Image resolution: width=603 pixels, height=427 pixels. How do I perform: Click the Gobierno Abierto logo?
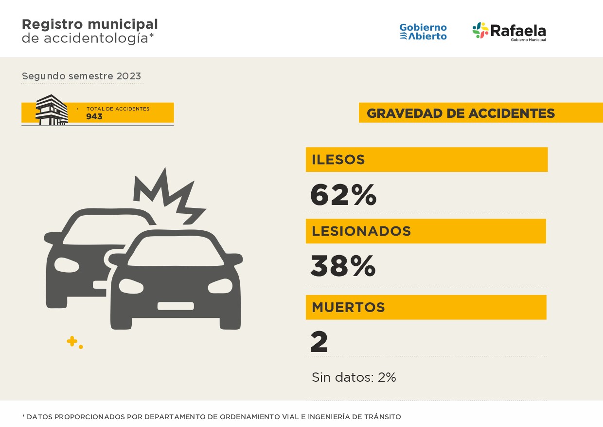[x=423, y=32]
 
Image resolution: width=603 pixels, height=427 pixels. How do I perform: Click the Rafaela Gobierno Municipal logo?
[x=509, y=32]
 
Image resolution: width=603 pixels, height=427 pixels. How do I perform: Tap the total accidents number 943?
[x=94, y=117]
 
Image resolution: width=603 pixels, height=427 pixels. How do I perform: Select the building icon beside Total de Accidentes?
[x=52, y=110]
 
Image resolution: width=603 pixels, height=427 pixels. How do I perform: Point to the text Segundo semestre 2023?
[x=81, y=76]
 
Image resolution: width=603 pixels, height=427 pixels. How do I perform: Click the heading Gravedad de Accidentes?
[x=461, y=113]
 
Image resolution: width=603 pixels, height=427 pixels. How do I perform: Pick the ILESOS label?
[x=338, y=160]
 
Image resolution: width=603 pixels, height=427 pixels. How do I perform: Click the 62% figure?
[x=343, y=195]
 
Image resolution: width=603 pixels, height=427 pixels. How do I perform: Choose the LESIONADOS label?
[x=361, y=231]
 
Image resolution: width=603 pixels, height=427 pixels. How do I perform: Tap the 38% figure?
[x=343, y=266]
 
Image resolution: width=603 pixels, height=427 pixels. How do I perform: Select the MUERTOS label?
[x=348, y=307]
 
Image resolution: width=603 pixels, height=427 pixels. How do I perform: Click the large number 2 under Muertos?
[x=319, y=342]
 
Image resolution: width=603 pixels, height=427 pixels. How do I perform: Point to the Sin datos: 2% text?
[x=354, y=377]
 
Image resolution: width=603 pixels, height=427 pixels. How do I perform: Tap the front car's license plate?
[x=176, y=306]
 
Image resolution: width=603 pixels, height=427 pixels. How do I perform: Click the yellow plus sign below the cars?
[x=72, y=341]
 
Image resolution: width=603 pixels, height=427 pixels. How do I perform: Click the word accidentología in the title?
[x=96, y=38]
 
